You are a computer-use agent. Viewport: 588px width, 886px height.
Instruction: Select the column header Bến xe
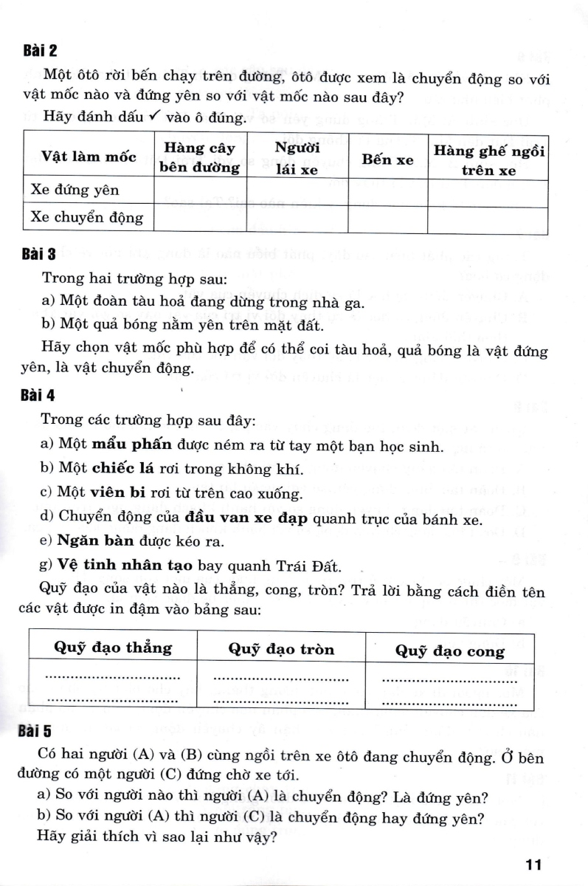point(387,159)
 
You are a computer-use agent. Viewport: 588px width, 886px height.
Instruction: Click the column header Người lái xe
point(297,159)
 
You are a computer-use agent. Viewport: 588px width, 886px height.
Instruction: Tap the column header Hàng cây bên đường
point(200,158)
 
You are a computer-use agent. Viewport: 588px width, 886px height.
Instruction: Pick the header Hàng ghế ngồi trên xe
point(488,159)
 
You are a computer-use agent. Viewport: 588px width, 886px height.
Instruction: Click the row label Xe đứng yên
point(75,190)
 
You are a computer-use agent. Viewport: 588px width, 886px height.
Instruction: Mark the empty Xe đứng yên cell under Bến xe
point(387,191)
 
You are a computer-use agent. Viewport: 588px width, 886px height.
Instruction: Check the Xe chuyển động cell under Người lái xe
point(297,219)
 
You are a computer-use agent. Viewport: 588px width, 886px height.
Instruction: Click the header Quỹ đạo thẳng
point(113,648)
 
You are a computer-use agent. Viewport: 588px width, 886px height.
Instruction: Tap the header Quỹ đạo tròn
point(281,649)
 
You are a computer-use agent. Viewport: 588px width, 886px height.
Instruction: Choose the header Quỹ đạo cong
point(450,650)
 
